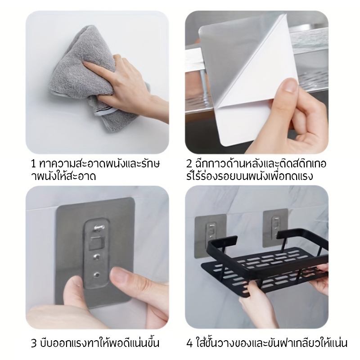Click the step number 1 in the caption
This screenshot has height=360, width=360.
pos(33,164)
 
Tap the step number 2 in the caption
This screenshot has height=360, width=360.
pos(189,164)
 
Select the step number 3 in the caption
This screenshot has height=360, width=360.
pos(34,343)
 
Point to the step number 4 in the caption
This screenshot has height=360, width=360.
pos(189,343)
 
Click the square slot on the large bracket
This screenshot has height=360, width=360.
pos(96,243)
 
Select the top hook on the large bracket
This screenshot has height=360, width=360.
pos(99,228)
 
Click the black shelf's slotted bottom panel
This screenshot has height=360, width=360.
pos(264,273)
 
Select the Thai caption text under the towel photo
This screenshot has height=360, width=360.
pos(95,170)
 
